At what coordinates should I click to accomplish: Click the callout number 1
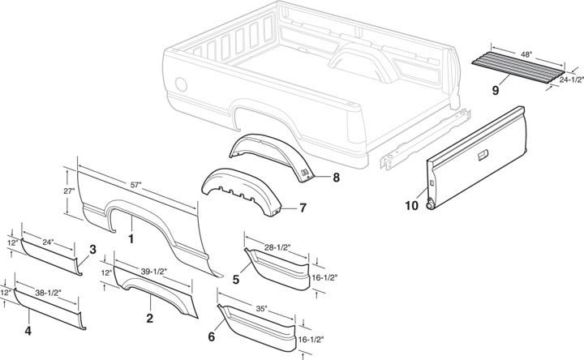tap(131, 238)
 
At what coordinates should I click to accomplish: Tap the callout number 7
tap(303, 208)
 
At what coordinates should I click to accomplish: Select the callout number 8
tap(336, 178)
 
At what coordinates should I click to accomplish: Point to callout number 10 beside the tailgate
tap(412, 205)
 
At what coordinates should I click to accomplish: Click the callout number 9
tap(496, 90)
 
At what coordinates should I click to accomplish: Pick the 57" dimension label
tap(136, 185)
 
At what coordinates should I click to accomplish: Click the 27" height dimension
tap(69, 191)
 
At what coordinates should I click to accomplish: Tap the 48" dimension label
tap(526, 54)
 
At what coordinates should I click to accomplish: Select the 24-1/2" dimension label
tap(571, 79)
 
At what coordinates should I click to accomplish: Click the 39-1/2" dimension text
tap(153, 272)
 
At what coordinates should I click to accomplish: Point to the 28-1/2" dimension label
tap(278, 247)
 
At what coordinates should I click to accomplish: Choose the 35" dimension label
tap(261, 309)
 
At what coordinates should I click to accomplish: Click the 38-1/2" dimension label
tap(48, 293)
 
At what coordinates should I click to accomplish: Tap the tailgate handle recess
tap(483, 155)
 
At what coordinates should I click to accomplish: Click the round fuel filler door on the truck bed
tap(181, 84)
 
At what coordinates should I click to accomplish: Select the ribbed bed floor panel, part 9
tap(518, 68)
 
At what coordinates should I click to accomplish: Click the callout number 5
tap(236, 280)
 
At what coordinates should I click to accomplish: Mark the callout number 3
tap(92, 250)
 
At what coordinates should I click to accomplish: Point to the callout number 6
tap(212, 337)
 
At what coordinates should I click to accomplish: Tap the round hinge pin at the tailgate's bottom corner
tap(431, 204)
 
